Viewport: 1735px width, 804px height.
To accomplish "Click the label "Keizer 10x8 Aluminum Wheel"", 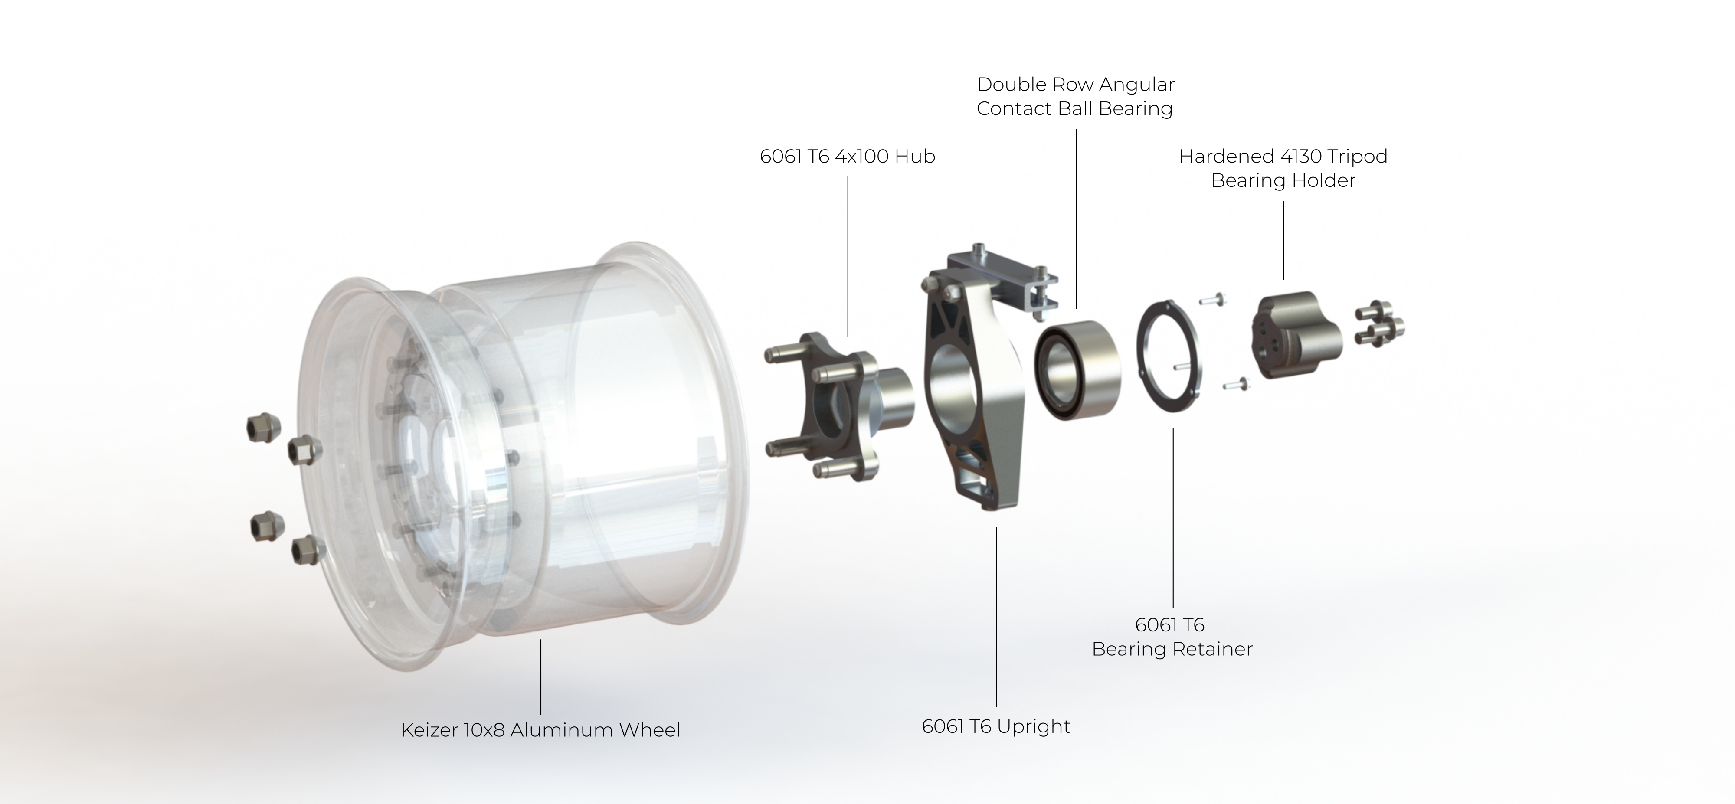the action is click(x=540, y=730).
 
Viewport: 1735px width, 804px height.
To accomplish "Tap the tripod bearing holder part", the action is click(x=1296, y=335).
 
